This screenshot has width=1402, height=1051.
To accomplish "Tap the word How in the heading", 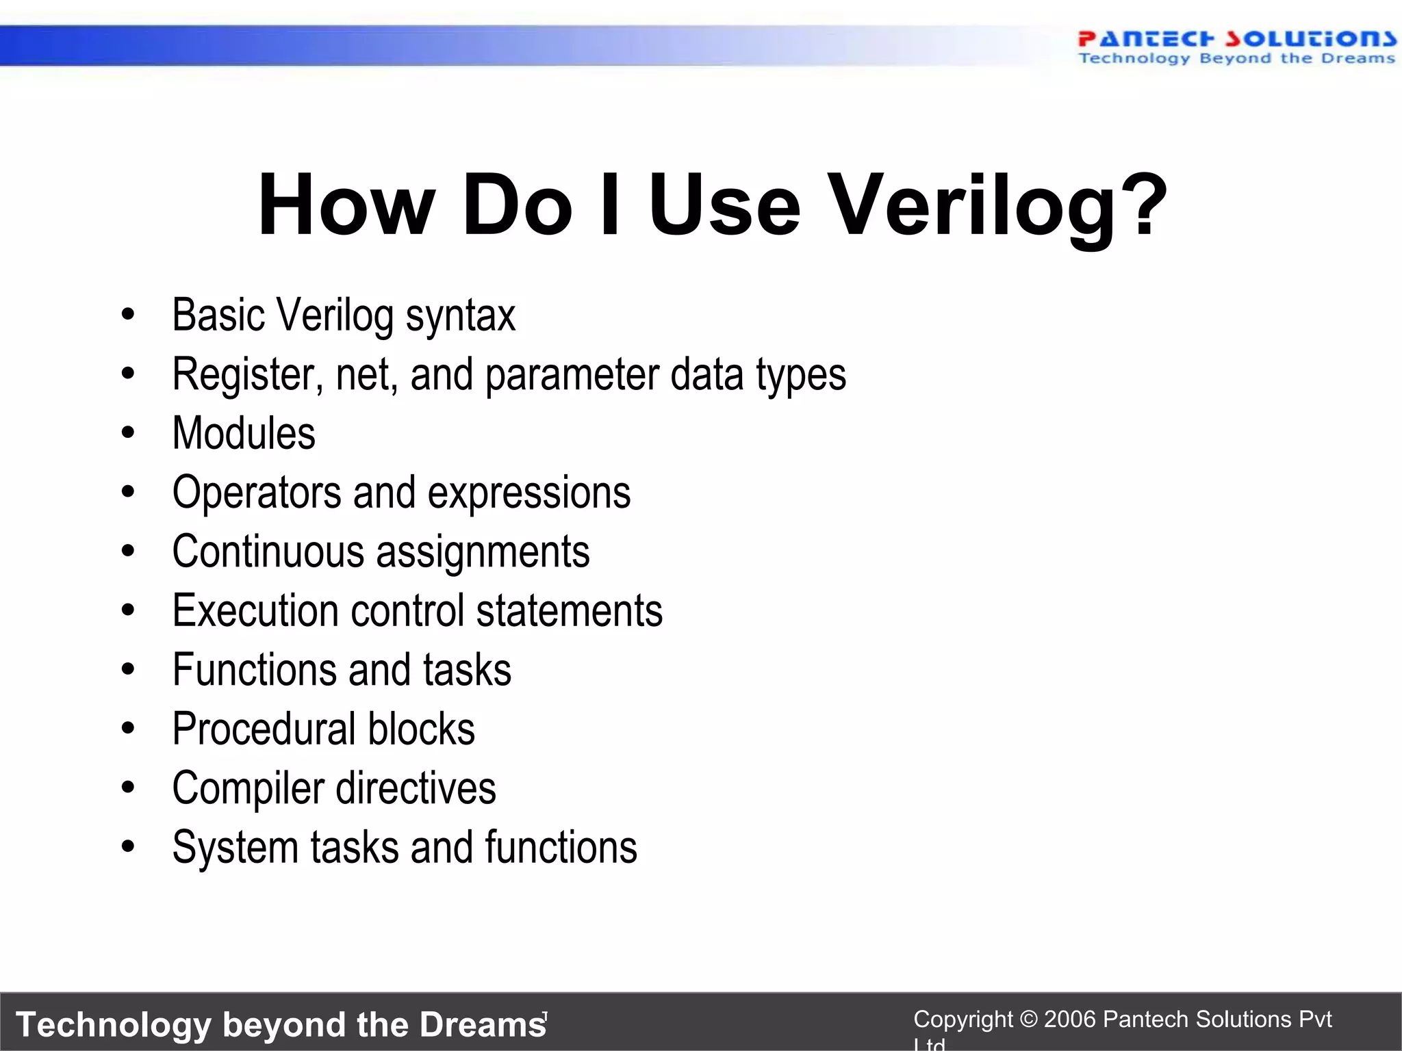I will (x=346, y=205).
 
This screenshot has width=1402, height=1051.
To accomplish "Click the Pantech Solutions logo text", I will (x=1236, y=39).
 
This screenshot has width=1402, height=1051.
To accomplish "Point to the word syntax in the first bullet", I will (x=460, y=316).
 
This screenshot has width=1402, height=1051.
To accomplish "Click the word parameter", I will (x=572, y=375).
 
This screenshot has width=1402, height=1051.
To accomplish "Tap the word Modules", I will (x=244, y=434).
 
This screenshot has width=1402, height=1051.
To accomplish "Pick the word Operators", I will (x=257, y=493).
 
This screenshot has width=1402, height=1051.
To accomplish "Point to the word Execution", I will (x=255, y=610).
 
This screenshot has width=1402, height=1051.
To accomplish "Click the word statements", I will (x=569, y=610).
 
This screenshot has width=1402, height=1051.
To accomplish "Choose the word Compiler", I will (x=248, y=788).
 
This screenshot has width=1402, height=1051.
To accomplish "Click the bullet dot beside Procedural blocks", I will (x=128, y=729).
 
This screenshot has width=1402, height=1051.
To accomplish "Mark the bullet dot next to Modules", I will (x=128, y=433).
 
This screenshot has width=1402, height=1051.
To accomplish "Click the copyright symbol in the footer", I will (x=1028, y=1020).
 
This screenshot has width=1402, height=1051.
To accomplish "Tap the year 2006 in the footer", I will (x=1071, y=1020).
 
